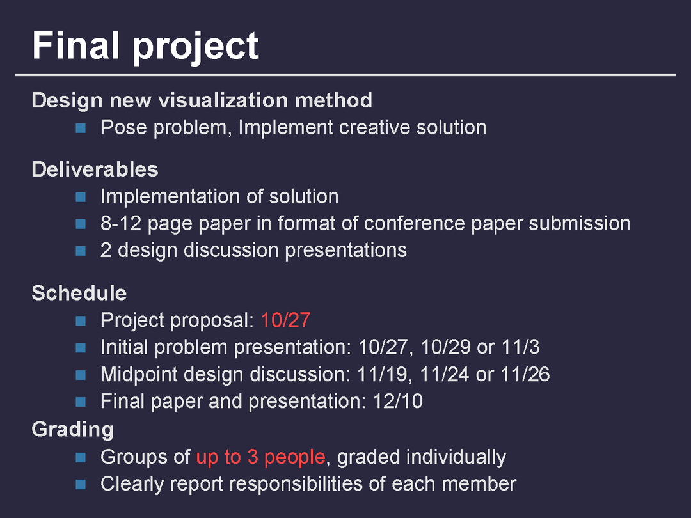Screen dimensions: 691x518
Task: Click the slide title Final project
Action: pyautogui.click(x=145, y=46)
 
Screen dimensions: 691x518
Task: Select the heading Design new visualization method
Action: pyautogui.click(x=202, y=100)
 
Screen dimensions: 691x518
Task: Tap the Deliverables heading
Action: pyautogui.click(x=95, y=169)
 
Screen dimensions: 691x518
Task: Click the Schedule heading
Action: pyautogui.click(x=79, y=294)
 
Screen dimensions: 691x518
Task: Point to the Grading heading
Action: pyautogui.click(x=73, y=430)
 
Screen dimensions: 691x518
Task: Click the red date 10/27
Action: pyautogui.click(x=285, y=320)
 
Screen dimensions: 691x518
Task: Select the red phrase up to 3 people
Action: pyautogui.click(x=261, y=457)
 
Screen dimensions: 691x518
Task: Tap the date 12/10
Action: pyautogui.click(x=398, y=401)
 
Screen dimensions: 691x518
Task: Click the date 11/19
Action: pyautogui.click(x=382, y=374)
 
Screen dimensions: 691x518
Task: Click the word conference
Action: pyautogui.click(x=414, y=223)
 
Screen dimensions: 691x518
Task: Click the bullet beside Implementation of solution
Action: pyautogui.click(x=81, y=197)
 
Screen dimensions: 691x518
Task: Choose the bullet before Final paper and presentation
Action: pyautogui.click(x=81, y=402)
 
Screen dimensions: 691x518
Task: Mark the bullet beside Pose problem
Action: pyautogui.click(x=81, y=128)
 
